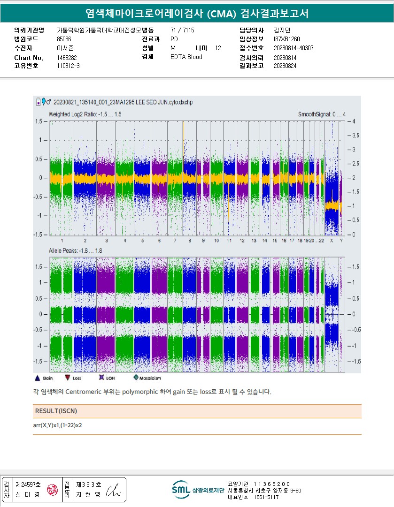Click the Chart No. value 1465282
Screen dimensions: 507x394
67,57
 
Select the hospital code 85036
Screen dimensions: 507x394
64,39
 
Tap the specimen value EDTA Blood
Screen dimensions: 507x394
186,57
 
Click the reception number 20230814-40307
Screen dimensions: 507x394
294,48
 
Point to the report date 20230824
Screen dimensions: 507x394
285,66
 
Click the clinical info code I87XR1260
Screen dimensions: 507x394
286,39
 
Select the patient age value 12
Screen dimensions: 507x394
218,48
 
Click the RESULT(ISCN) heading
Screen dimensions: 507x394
56,411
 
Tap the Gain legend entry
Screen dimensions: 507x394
45,378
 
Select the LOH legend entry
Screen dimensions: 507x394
107,378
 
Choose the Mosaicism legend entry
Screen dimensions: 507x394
147,378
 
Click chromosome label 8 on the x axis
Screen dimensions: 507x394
190,241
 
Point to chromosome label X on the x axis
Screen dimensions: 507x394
332,241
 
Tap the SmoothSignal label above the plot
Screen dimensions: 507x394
322,114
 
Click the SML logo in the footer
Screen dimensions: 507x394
180,490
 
